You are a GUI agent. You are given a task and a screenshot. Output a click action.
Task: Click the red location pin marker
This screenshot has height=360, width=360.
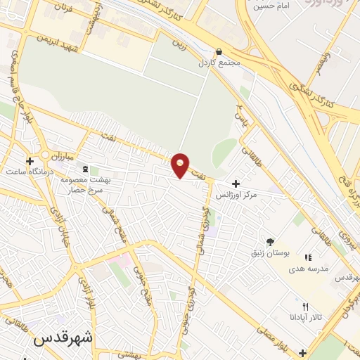point(181,165)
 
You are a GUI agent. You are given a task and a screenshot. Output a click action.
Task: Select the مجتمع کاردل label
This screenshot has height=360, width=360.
point(219,63)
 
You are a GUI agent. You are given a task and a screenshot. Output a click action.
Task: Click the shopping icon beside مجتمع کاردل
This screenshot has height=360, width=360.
point(219,51)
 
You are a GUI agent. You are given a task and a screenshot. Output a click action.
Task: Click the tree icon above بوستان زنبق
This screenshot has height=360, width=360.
point(270,241)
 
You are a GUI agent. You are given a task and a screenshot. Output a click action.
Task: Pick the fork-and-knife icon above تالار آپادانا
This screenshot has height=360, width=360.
point(304,307)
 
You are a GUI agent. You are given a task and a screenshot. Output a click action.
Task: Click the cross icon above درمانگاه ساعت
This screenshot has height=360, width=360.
point(29,161)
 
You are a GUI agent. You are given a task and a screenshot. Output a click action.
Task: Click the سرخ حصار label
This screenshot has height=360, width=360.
point(87,190)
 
